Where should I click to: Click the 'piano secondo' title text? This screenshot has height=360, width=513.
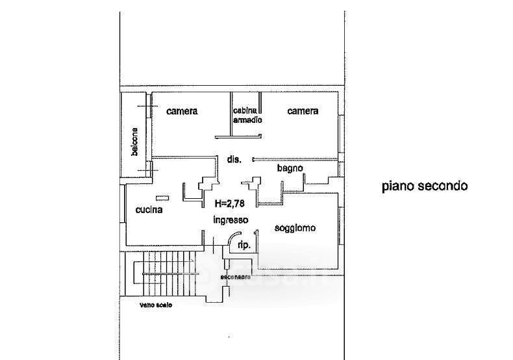(424, 186)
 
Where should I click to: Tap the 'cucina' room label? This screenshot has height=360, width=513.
(149, 210)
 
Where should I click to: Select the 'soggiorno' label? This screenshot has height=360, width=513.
(295, 228)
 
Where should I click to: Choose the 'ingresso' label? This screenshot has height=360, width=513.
(231, 220)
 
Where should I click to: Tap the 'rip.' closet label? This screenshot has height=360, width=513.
(242, 246)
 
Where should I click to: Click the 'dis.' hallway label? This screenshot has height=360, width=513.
(234, 159)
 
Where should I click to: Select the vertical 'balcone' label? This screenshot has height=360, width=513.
(134, 141)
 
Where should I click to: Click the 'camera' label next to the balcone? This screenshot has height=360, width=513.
(182, 111)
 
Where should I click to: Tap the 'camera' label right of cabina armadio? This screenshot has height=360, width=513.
(303, 111)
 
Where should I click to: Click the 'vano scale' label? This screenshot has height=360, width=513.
(156, 305)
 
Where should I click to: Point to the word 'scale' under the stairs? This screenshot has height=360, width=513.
(164, 305)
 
